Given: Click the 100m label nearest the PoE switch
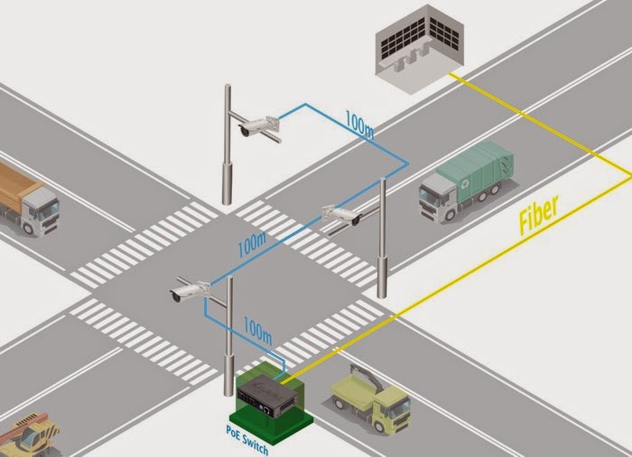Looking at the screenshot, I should pos(257,331).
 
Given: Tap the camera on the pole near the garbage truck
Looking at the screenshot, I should pos(340,216).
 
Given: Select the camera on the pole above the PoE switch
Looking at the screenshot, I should pos(190,292).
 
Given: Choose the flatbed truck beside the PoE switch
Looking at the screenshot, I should pos(369,397).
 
